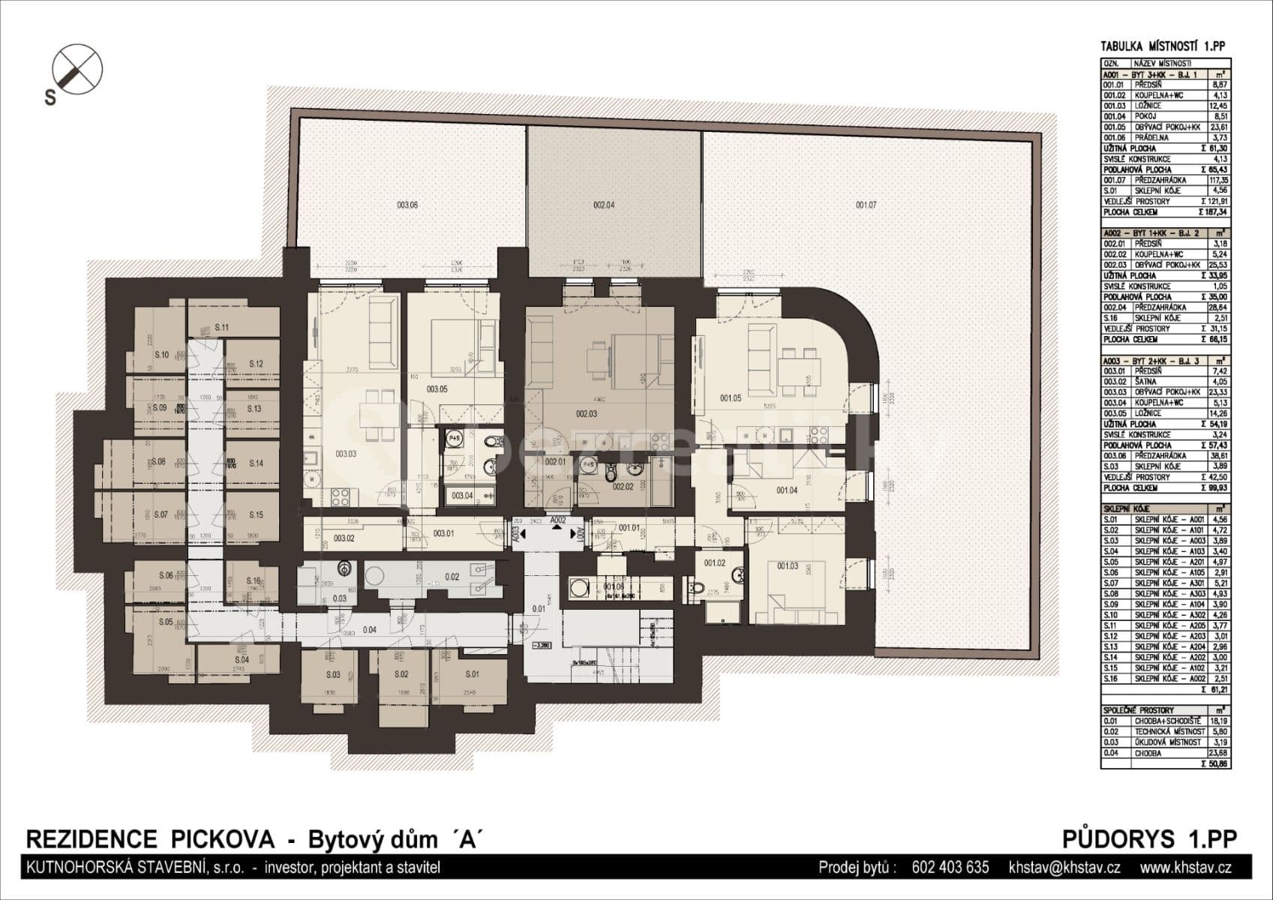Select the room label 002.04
pos(604,205)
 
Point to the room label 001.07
pos(866,205)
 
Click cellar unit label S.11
pos(221,328)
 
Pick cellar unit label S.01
pos(472,674)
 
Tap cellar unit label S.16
pos(253,581)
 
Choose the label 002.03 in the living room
pos(587,413)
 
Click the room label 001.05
pos(731,398)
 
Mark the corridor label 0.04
pos(369,630)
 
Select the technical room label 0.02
pos(452,577)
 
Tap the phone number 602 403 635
pos(950,868)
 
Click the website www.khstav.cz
pos(1185,868)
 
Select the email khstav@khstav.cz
pos(1064,868)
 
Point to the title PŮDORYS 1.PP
pos(1149,838)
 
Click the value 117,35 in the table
pos(1217,181)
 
